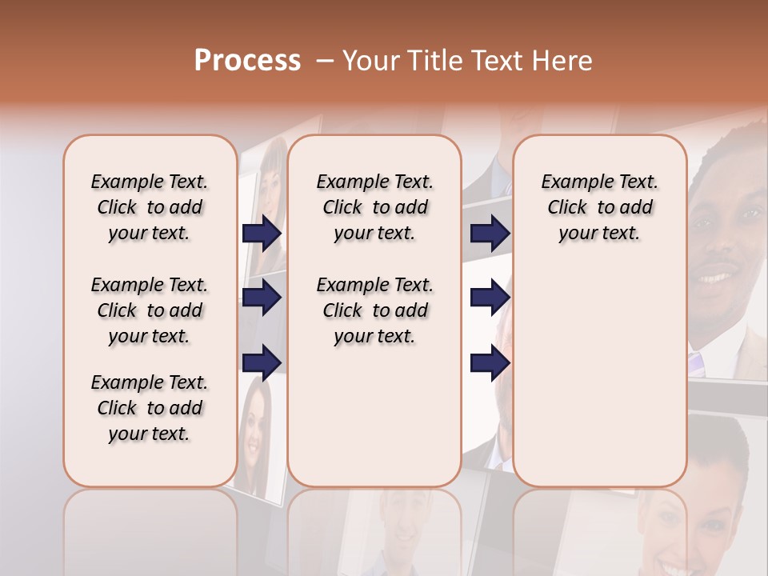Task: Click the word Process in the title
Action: pos(247,61)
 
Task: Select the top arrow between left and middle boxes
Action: pos(262,234)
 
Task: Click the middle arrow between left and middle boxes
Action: pos(262,298)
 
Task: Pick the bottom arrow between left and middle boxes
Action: pos(262,362)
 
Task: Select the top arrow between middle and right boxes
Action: pos(490,234)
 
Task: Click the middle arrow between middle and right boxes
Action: pos(490,298)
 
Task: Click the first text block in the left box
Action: pos(150,207)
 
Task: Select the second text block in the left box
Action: pos(150,310)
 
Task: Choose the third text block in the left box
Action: pos(150,408)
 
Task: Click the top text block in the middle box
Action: pos(374,207)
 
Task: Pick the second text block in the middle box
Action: pos(374,310)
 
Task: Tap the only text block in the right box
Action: pos(599,207)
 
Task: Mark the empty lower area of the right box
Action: pos(599,384)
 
